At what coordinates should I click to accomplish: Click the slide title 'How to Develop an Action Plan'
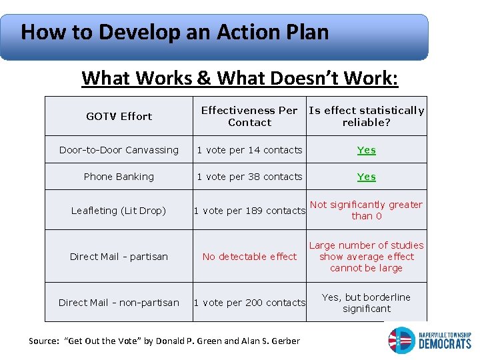[175, 32]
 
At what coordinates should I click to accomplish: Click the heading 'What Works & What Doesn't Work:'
[239, 78]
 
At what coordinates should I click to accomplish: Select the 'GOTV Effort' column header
[119, 116]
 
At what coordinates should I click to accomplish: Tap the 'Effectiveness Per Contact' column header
[249, 116]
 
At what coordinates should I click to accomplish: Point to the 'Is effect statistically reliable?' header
[366, 116]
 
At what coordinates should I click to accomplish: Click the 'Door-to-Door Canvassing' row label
[119, 150]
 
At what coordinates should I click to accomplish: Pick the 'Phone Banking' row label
[119, 177]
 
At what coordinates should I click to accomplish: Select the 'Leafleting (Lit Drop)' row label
[119, 211]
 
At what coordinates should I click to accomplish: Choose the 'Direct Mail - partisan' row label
[119, 257]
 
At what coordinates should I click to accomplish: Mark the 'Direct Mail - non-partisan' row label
[119, 303]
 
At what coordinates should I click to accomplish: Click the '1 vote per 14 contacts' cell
[249, 150]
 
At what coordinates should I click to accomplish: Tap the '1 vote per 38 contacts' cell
[249, 177]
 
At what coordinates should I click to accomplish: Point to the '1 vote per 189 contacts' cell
[249, 211]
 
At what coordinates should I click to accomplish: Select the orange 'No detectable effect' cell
[249, 257]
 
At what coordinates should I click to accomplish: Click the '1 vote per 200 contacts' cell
[249, 303]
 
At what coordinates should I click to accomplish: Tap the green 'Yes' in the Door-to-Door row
[366, 150]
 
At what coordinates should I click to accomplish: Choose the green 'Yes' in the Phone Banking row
[366, 177]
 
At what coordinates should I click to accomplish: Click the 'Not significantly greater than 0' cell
[366, 210]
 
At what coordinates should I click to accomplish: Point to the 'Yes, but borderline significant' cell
[366, 303]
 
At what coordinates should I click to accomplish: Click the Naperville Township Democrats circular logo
[401, 340]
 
